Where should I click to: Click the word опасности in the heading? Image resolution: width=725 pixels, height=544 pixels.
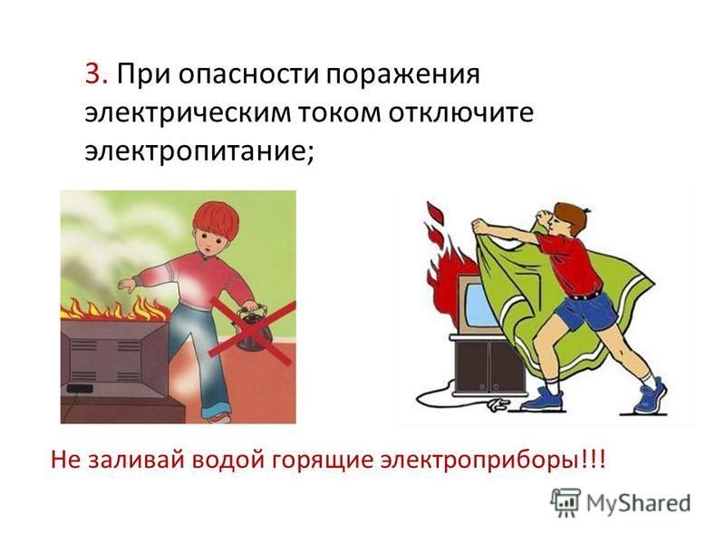pyautogui.click(x=248, y=75)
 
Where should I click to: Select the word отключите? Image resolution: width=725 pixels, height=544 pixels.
pyautogui.click(x=460, y=112)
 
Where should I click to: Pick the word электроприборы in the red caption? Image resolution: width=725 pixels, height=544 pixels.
pyautogui.click(x=483, y=461)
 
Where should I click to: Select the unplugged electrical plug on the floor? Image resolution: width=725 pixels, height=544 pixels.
pyautogui.click(x=497, y=405)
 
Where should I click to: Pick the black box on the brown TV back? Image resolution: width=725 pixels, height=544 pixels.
pyautogui.click(x=80, y=389)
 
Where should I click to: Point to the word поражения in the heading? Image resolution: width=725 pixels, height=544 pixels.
pyautogui.click(x=402, y=75)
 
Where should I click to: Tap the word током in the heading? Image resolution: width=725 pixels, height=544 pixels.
pyautogui.click(x=337, y=112)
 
